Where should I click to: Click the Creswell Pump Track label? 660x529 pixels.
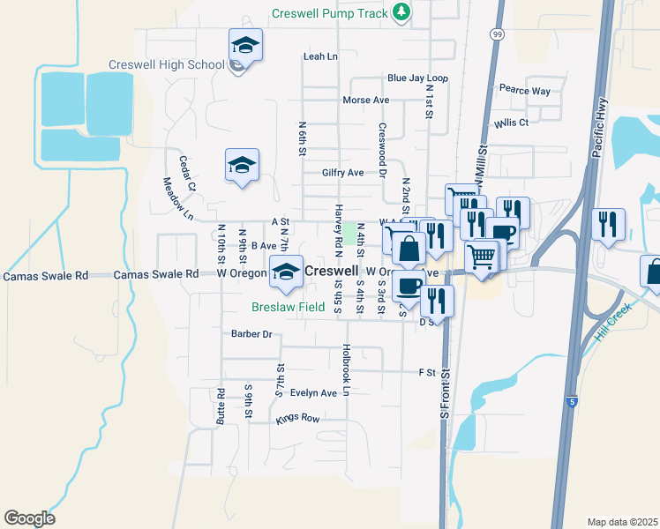[x=329, y=13]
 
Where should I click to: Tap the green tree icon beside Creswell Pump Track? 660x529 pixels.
[x=401, y=11]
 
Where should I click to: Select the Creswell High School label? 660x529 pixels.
[x=166, y=64]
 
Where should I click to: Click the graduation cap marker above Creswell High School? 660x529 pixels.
[x=246, y=44]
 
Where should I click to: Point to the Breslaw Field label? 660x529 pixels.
[x=289, y=308]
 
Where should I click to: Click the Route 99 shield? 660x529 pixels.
[x=497, y=34]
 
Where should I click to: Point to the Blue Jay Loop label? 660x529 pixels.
[x=417, y=78]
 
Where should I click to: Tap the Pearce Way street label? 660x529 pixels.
[x=524, y=91]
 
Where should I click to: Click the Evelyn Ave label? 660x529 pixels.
[x=313, y=393]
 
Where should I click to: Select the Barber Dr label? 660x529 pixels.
[x=251, y=334]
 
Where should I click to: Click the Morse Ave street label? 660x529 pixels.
[x=366, y=101]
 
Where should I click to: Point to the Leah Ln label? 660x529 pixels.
[x=320, y=56]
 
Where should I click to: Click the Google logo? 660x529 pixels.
[x=29, y=518]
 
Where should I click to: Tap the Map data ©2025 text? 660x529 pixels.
[x=622, y=522]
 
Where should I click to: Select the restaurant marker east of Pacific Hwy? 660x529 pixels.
[x=609, y=225]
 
